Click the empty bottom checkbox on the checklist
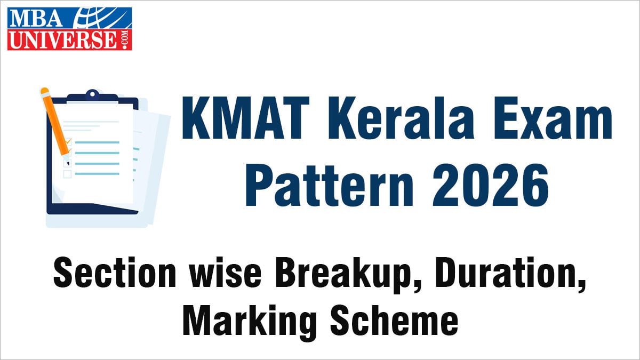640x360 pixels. [x=68, y=174]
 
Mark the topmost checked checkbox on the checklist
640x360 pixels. [x=68, y=141]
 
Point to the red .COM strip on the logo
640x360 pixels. [x=127, y=41]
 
